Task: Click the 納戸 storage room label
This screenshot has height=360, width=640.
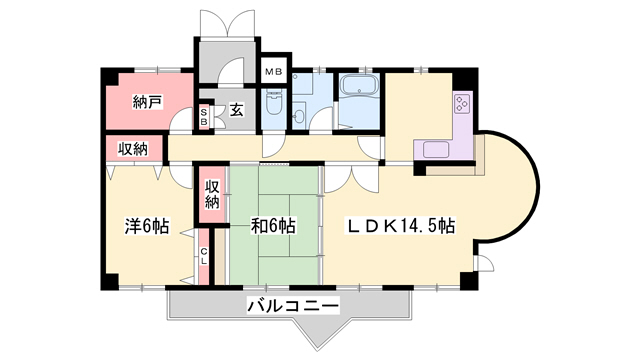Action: pos(148,101)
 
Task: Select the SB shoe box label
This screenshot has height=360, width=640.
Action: pos(204,116)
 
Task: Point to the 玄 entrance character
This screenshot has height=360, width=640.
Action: pos(236,110)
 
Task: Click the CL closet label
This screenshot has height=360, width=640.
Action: pos(203,256)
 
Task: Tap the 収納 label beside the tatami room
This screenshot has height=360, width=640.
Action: pos(213,193)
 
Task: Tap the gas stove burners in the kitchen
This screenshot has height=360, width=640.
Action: pos(463,104)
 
